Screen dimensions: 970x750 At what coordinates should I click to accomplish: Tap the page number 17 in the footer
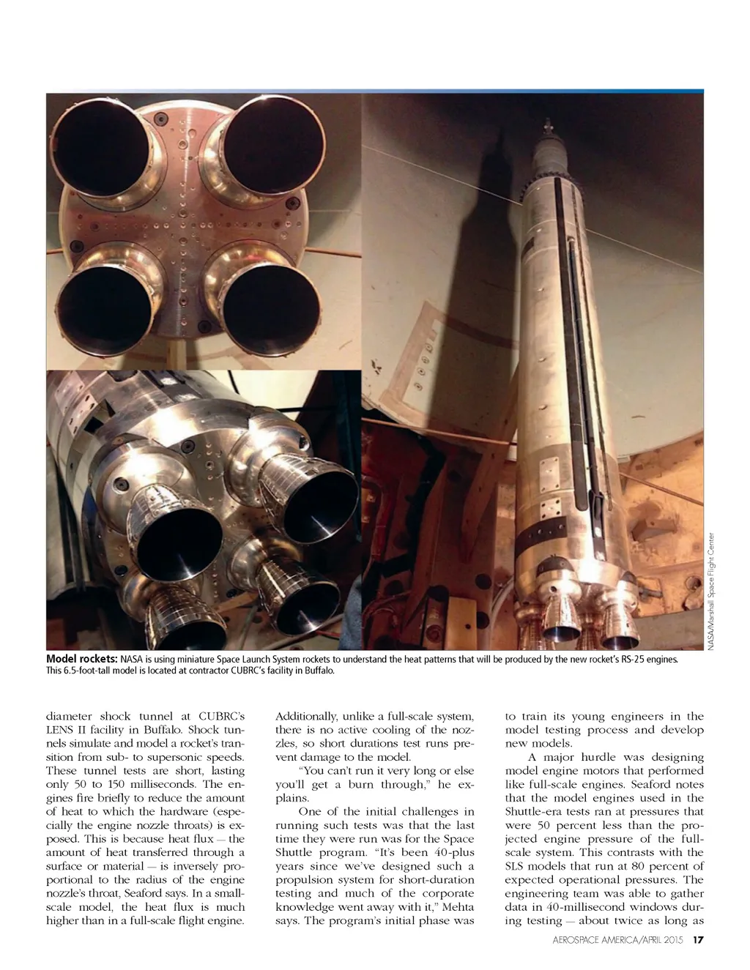tap(698, 940)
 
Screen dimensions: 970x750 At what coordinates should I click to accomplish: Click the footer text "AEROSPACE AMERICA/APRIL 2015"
tap(617, 940)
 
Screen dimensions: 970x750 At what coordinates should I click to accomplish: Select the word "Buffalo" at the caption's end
tap(320, 671)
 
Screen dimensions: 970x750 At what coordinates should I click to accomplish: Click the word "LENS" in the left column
tap(60, 730)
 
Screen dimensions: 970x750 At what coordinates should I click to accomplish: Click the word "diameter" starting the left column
tap(69, 716)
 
